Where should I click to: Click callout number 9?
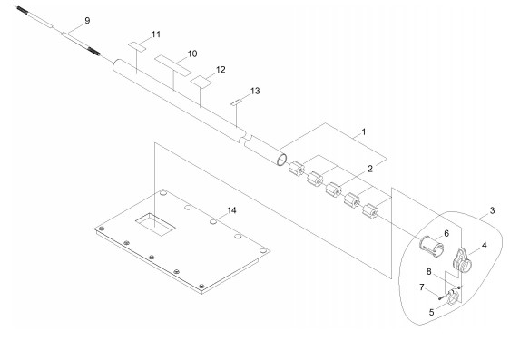pyautogui.click(x=87, y=21)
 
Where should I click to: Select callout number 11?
pyautogui.click(x=156, y=34)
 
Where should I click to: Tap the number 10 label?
pyautogui.click(x=192, y=54)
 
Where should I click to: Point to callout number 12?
pyautogui.click(x=221, y=70)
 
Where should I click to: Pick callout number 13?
pyautogui.click(x=255, y=91)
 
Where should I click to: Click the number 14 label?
pyautogui.click(x=231, y=210)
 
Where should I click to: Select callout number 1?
pyautogui.click(x=364, y=131)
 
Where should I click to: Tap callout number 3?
pyautogui.click(x=492, y=210)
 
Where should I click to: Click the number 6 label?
pyautogui.click(x=446, y=233)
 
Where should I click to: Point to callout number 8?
pyautogui.click(x=428, y=271)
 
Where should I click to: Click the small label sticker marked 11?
pyautogui.click(x=137, y=46)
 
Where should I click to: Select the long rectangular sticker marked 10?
pyautogui.click(x=172, y=66)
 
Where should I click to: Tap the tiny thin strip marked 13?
pyautogui.click(x=235, y=102)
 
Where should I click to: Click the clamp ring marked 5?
pyautogui.click(x=452, y=297)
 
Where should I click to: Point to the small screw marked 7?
pyautogui.click(x=440, y=297)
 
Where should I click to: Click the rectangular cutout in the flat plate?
pyautogui.click(x=155, y=225)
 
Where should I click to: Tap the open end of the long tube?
pyautogui.click(x=281, y=160)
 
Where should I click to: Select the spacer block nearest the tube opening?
pyautogui.click(x=297, y=169)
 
